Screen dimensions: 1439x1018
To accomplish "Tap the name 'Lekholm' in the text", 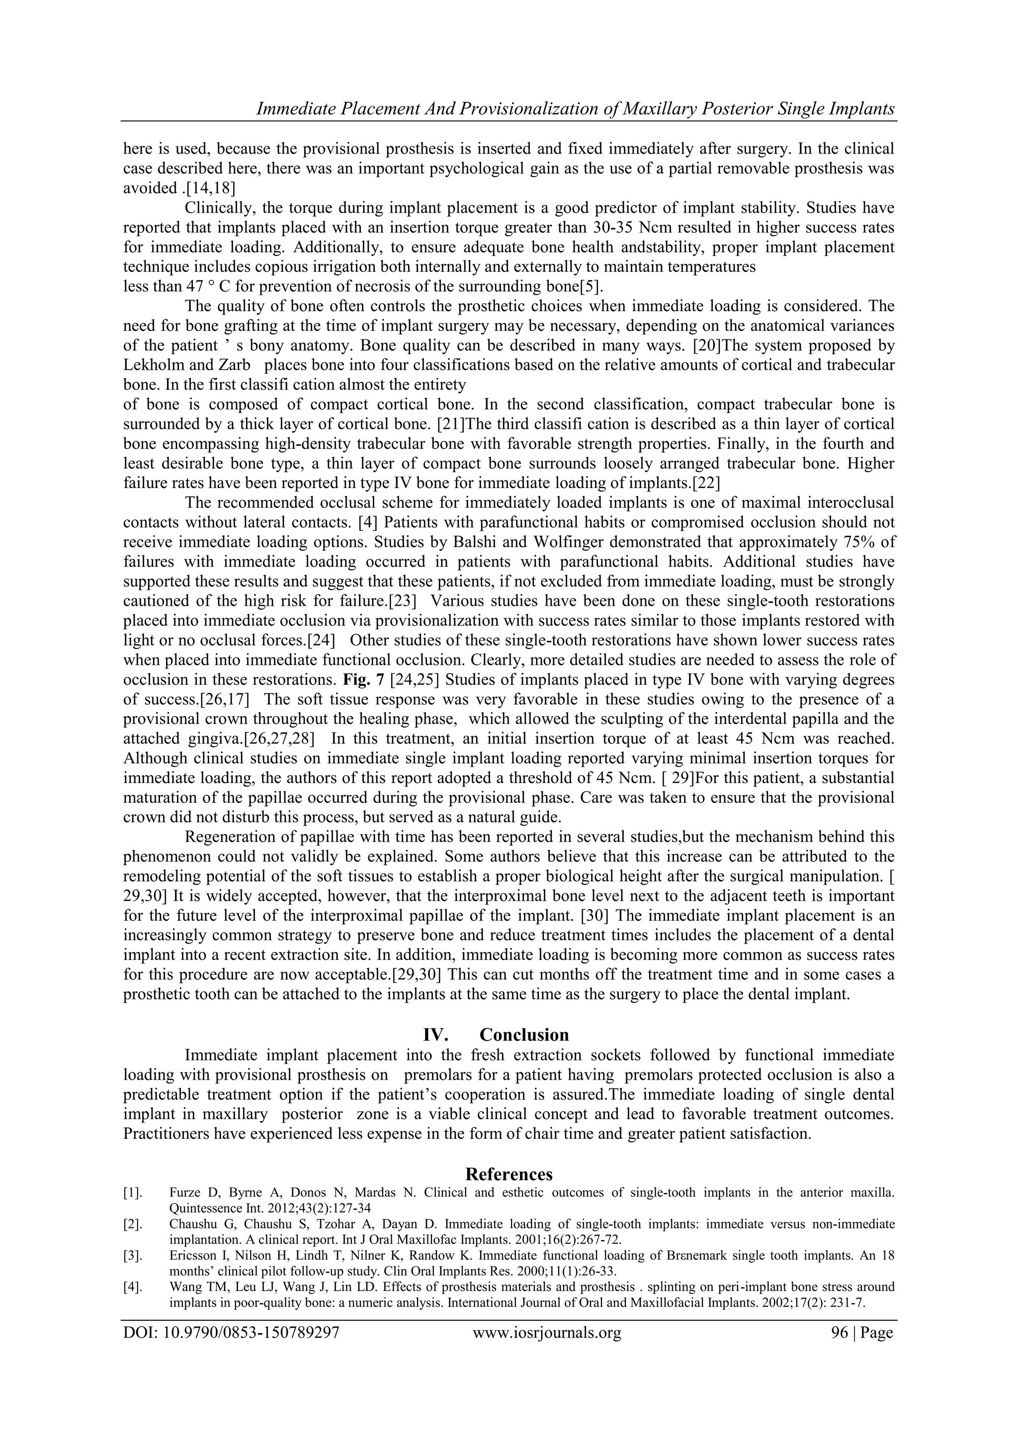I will click(149, 365).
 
